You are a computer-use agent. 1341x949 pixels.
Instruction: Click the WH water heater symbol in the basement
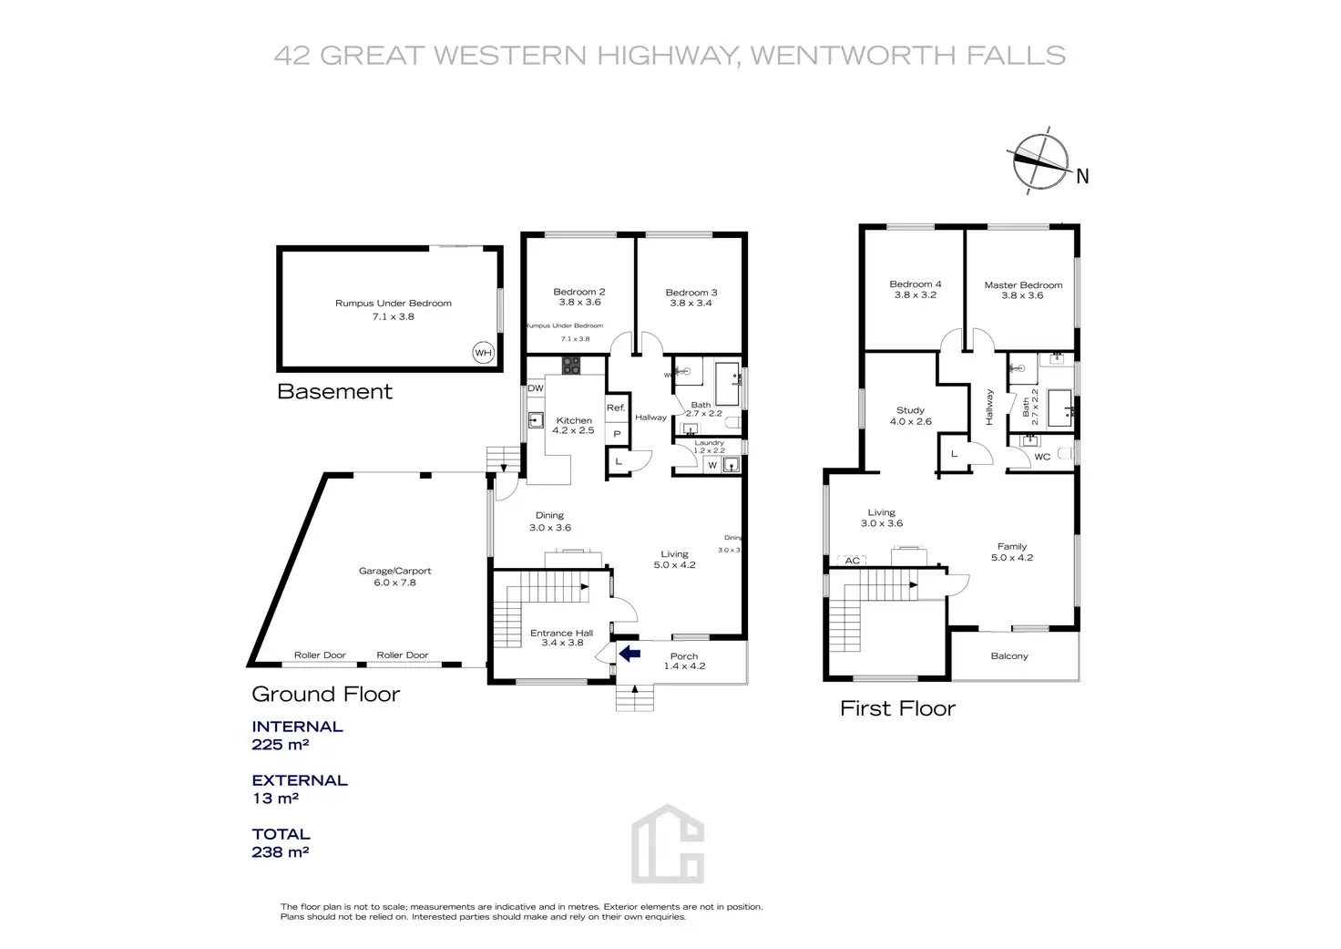483,353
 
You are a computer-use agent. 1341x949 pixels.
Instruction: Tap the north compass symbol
1041,163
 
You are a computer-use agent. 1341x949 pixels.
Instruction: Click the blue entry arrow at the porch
629,653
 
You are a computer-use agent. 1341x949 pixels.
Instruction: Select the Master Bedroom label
1023,285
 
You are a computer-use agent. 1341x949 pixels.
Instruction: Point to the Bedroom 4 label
916,284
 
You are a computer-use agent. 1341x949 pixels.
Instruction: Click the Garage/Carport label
394,572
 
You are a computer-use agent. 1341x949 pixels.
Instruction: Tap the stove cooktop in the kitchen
571,366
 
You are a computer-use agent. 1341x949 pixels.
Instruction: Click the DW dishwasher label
536,388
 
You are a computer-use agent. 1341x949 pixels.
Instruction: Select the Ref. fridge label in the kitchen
616,407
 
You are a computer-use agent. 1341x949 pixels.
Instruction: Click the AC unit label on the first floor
853,561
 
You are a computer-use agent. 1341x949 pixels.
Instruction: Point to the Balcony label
1009,656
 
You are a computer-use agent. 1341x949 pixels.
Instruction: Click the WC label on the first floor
1042,457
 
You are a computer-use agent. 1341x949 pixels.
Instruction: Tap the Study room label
910,410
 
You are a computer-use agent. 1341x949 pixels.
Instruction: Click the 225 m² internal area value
281,745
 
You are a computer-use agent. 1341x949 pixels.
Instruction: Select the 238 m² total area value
281,852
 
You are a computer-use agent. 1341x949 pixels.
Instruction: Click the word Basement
334,392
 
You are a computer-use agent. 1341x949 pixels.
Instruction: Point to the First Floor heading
897,708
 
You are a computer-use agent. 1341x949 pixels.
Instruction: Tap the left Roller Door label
320,655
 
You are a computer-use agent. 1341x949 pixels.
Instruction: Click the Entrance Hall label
561,633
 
